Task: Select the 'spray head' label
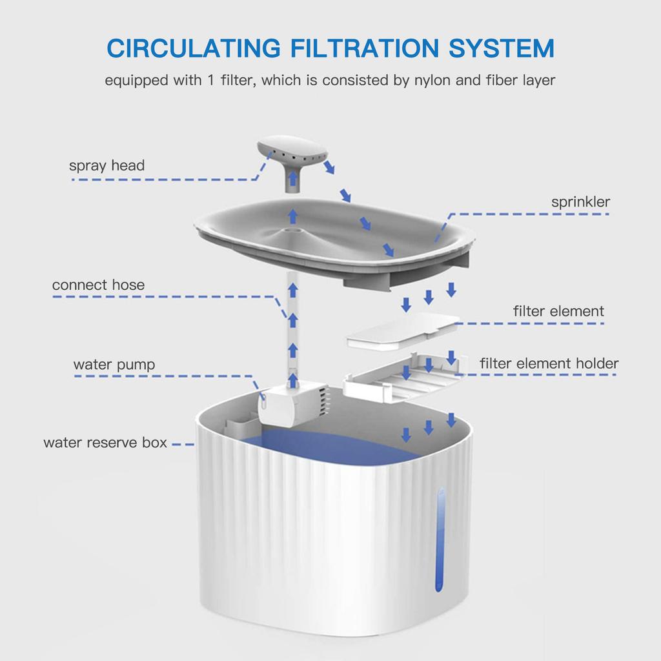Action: [107, 166]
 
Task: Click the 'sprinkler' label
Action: [580, 202]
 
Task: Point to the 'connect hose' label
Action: [98, 285]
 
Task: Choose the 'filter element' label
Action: [558, 311]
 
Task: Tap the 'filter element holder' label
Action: [549, 363]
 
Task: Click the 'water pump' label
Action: [114, 365]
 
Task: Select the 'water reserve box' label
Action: [105, 443]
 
